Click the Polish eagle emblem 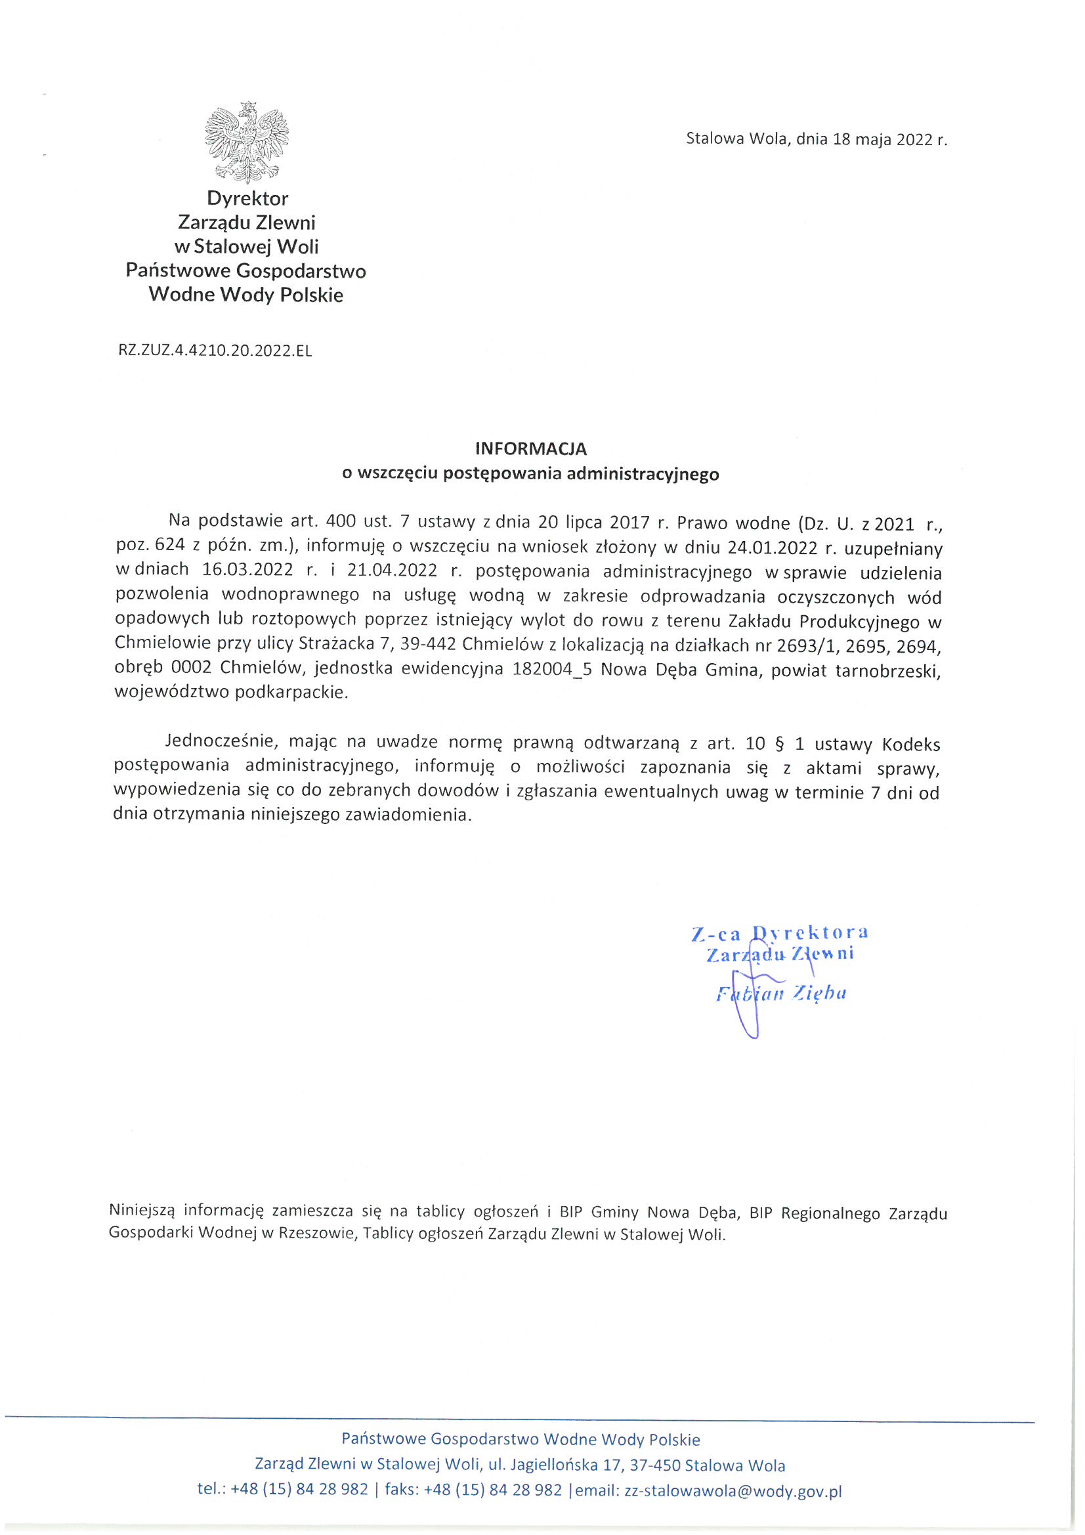(247, 142)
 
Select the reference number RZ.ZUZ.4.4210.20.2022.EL (215, 351)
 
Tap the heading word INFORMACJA (531, 448)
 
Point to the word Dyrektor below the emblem (247, 198)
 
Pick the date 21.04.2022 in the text (392, 571)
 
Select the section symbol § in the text (780, 743)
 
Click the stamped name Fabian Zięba (781, 993)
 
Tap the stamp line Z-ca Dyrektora (780, 933)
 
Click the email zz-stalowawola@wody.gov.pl (733, 1490)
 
